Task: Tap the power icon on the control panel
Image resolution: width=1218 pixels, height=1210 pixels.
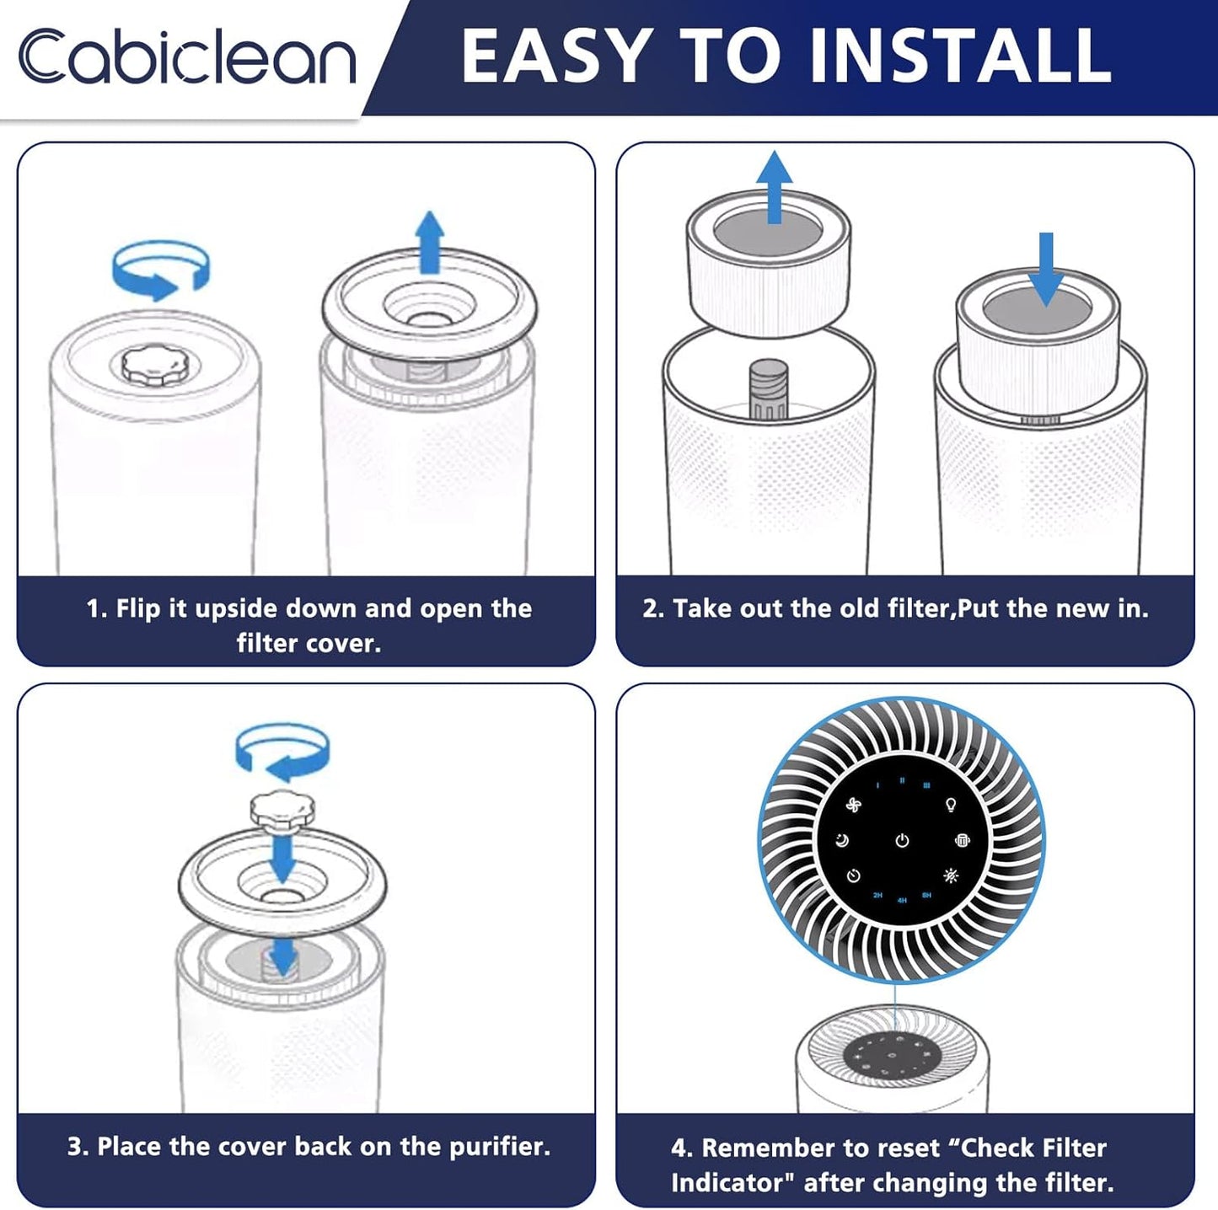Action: (902, 840)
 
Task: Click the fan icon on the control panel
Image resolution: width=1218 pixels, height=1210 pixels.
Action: (854, 805)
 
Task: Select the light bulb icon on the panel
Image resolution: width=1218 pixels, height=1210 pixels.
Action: (950, 805)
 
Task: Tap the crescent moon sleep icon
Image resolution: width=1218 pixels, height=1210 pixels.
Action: (842, 840)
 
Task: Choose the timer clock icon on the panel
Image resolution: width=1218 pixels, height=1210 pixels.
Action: (854, 875)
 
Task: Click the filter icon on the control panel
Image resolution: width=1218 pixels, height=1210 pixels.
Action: (962, 840)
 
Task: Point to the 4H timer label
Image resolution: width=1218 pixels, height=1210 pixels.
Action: (902, 900)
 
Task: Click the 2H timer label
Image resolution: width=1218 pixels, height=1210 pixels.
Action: (877, 896)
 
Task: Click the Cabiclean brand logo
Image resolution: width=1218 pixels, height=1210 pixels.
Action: (187, 56)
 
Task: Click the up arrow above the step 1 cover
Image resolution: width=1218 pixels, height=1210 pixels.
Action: (430, 242)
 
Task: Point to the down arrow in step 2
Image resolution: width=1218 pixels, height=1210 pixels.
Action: (1046, 270)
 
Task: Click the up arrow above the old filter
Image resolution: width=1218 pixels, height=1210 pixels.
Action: (775, 187)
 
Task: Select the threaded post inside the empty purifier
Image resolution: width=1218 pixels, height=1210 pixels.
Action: (769, 390)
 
